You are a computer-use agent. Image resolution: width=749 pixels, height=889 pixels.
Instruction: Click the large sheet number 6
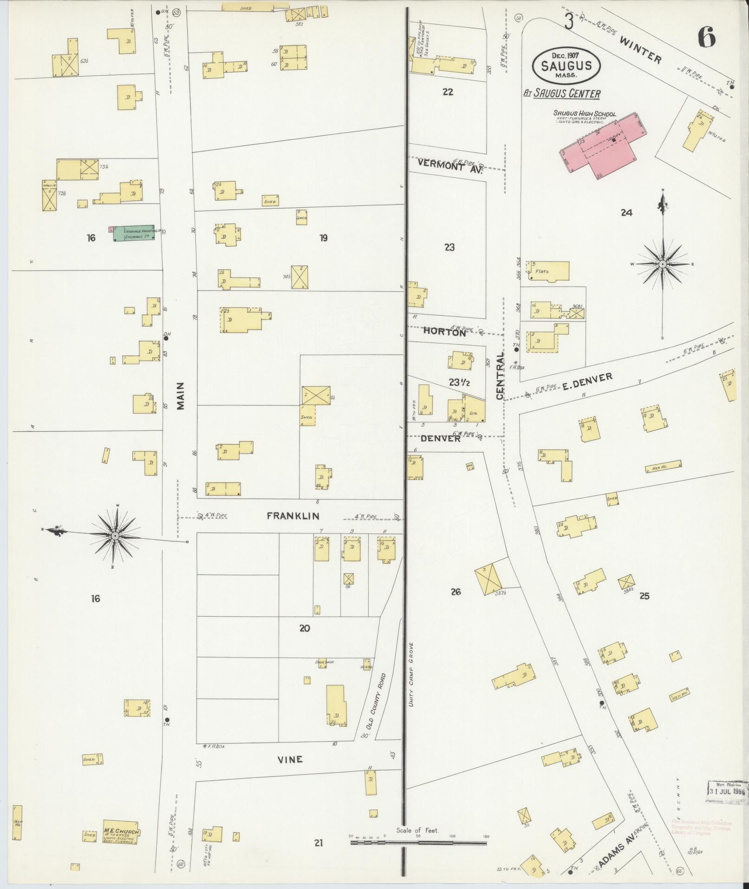706,37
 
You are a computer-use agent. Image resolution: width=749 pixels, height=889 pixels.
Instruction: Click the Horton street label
444,332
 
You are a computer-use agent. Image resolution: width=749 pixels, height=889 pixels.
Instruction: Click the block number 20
305,628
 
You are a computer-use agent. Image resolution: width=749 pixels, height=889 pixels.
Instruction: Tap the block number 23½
459,382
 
